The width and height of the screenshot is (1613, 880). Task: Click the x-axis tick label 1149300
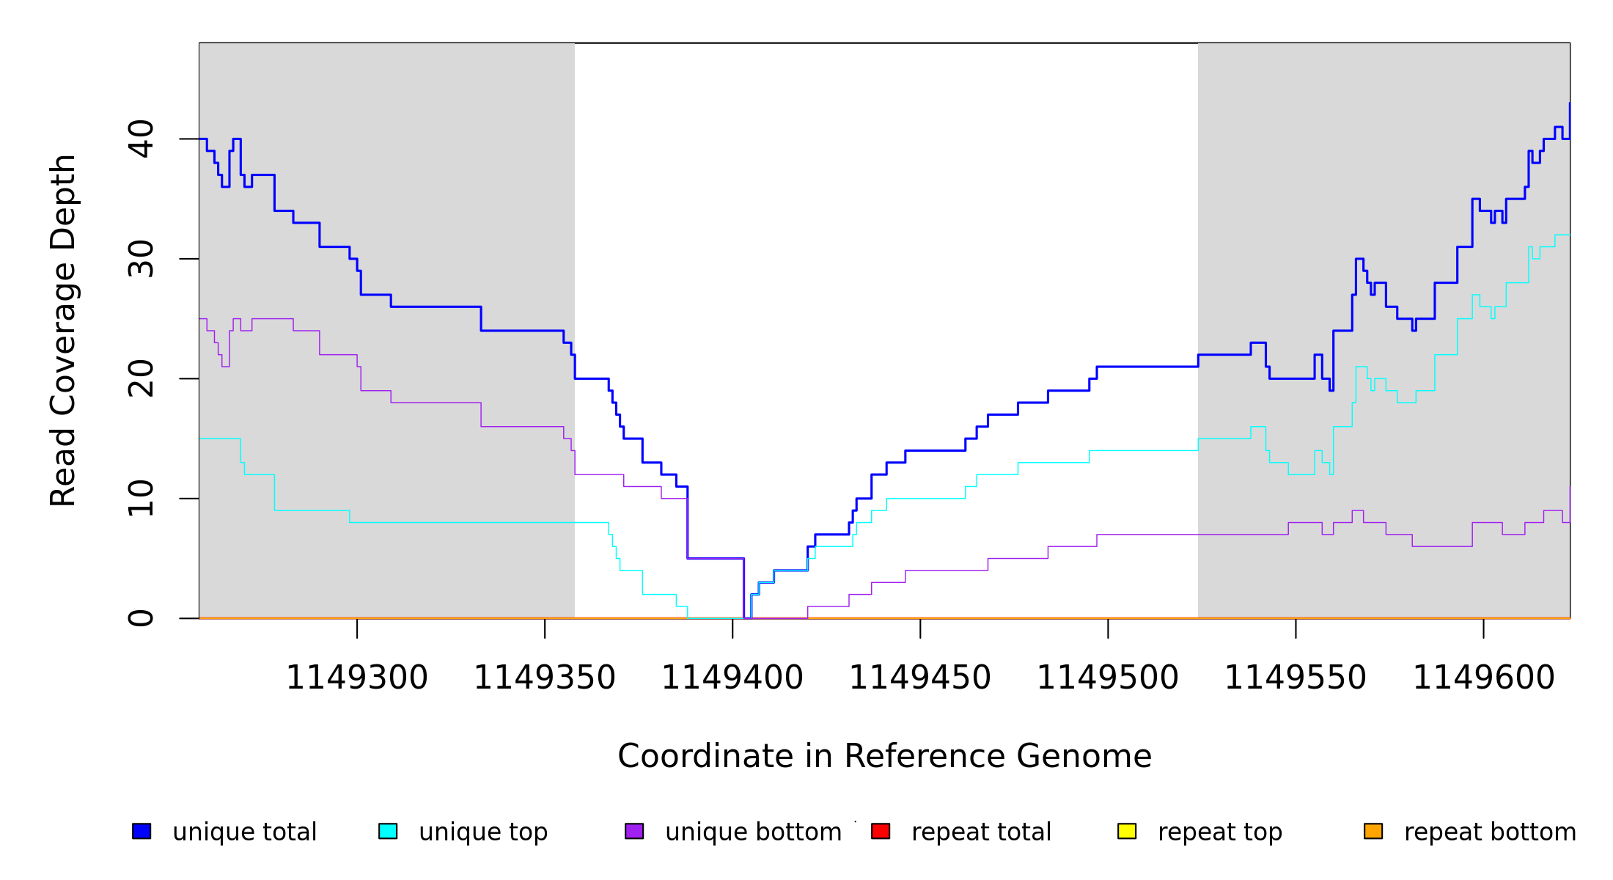tap(356, 678)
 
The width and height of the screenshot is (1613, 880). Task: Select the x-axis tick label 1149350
tap(544, 678)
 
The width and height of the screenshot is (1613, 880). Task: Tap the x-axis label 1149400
tap(732, 678)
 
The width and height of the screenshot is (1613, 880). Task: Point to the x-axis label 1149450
tap(919, 678)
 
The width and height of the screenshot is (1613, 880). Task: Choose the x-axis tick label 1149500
tap(1107, 678)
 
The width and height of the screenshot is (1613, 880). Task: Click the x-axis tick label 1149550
tap(1295, 678)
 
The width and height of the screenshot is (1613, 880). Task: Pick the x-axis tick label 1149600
tap(1483, 678)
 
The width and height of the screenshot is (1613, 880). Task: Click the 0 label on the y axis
tap(142, 618)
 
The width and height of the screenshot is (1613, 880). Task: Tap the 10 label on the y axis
tap(142, 499)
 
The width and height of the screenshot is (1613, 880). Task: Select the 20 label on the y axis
tap(142, 379)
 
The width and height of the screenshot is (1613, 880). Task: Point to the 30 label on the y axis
tap(142, 259)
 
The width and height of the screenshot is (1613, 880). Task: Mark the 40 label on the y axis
tap(142, 139)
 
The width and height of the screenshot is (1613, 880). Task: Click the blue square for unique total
tap(142, 831)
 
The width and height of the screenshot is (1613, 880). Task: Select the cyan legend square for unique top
tap(388, 831)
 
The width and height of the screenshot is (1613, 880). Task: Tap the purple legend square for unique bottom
tap(634, 831)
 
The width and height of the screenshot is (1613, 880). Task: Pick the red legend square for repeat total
tap(881, 831)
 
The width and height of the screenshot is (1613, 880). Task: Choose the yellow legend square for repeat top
tap(1127, 831)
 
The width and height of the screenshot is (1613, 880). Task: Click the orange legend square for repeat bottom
tap(1373, 831)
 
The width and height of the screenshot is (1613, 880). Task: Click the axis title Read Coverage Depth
tap(63, 330)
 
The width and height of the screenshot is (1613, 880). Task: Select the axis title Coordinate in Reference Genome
tap(884, 757)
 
